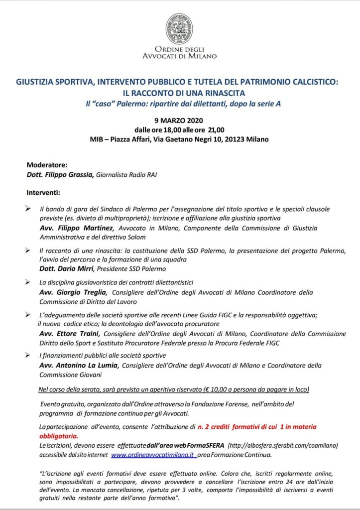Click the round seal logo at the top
pyautogui.click(x=179, y=28)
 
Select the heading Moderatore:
pyautogui.click(x=46, y=164)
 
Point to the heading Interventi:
pyautogui.click(x=43, y=191)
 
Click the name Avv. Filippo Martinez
pyautogui.click(x=73, y=228)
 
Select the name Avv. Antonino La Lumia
pyautogui.click(x=79, y=365)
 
